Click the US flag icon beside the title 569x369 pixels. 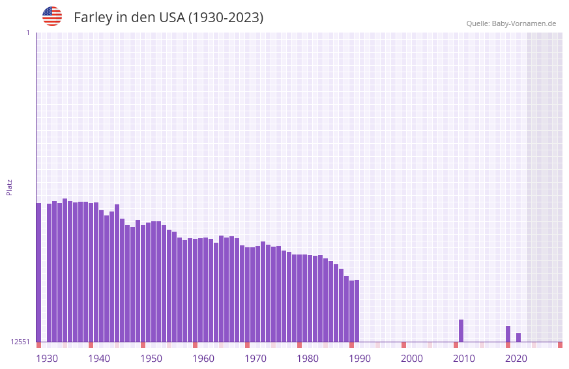coord(52,16)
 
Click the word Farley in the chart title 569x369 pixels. coord(93,18)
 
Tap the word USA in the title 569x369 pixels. coord(172,18)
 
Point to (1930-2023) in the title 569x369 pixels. coord(226,18)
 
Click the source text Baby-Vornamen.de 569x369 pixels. coord(523,23)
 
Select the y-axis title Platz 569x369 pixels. coord(9,187)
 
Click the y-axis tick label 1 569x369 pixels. coord(27,33)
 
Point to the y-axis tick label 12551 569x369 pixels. coord(20,342)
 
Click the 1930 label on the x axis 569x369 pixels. coord(47,359)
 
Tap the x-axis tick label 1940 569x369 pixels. coord(99,359)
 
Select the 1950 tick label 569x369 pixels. coord(151,359)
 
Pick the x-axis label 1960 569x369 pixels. coord(203,359)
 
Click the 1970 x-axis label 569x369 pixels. coord(255,359)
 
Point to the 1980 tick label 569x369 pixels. coord(308,359)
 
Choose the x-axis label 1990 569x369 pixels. coord(360,359)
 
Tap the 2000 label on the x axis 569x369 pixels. coord(412,359)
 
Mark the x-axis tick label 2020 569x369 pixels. coord(516,359)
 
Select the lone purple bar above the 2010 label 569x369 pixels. coord(461,331)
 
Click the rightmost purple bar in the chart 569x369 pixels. coord(518,337)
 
